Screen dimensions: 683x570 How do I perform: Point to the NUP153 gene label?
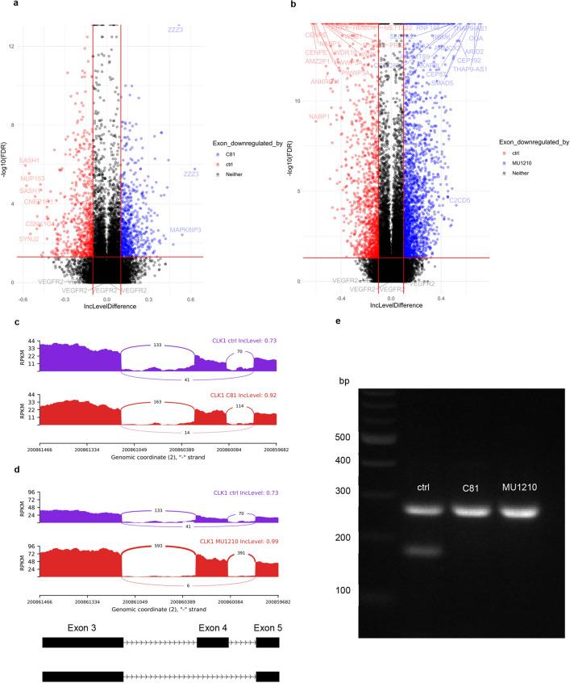[32, 178]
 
